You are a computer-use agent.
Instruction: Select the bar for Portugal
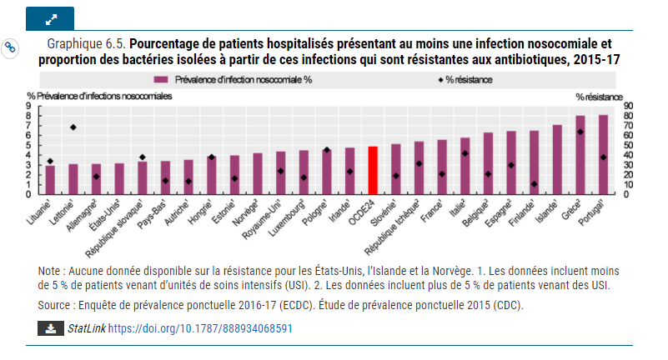pos(603,155)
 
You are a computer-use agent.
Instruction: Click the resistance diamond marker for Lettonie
pos(73,127)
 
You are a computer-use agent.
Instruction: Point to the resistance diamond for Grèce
pos(580,132)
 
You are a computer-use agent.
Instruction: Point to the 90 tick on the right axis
pos(629,107)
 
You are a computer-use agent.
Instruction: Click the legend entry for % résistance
pos(463,80)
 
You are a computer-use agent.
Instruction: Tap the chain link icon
pos(12,47)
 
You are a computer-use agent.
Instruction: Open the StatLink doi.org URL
pos(200,329)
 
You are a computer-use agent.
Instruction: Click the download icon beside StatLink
pos(50,328)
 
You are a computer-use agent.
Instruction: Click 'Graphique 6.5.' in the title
pos(87,43)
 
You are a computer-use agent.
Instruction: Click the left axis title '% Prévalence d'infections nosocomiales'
pos(100,97)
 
